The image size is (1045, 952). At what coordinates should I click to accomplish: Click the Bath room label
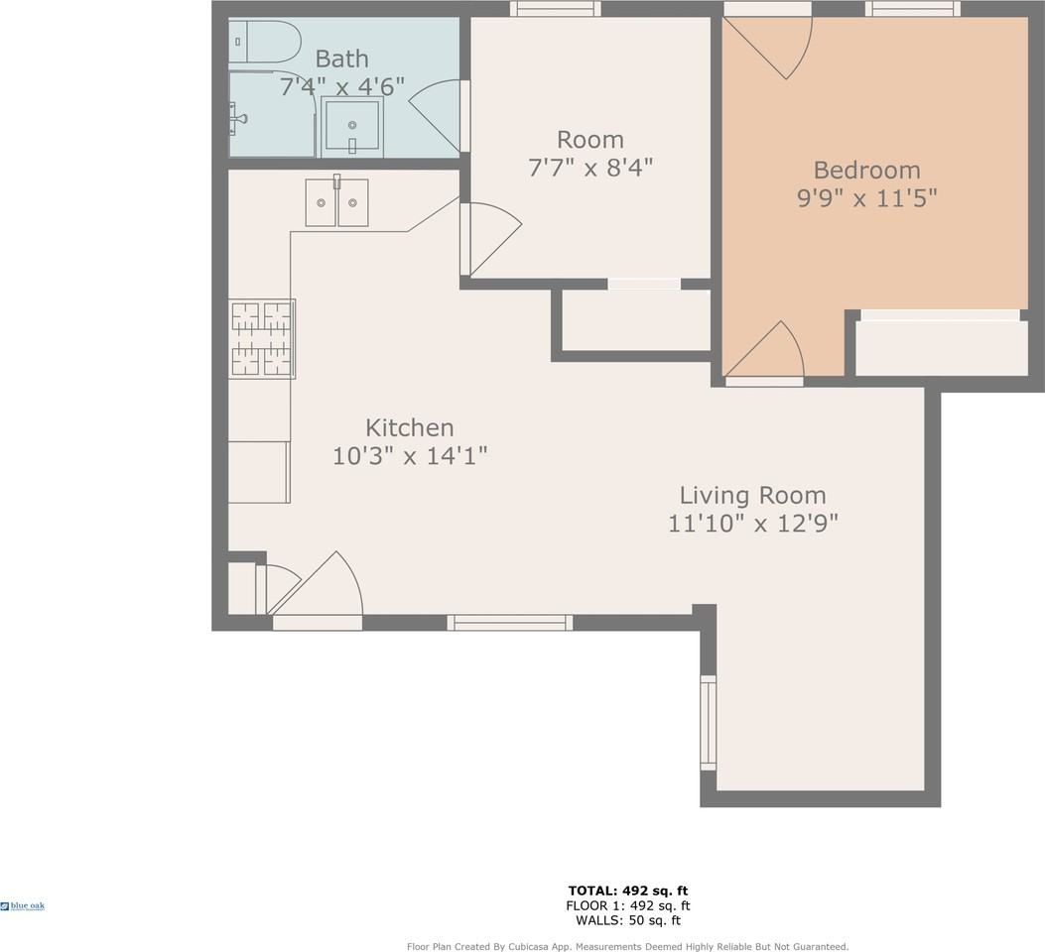[x=341, y=59]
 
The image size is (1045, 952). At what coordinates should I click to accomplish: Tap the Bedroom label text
[x=866, y=171]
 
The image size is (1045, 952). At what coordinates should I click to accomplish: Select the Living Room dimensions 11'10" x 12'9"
[x=752, y=524]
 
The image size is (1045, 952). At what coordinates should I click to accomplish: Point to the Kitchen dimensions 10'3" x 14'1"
[x=410, y=456]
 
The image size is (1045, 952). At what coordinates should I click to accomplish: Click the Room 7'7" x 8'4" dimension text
[x=589, y=168]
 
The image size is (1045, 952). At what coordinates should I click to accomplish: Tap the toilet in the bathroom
[x=263, y=42]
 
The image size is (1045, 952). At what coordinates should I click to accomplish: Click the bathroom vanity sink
[x=352, y=127]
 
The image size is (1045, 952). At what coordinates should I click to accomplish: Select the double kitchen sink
[x=336, y=201]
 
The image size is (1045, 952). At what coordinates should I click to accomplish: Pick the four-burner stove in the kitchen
[x=262, y=339]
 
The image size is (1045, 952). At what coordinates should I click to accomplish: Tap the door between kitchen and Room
[x=491, y=239]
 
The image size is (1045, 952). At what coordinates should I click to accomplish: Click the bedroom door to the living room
[x=764, y=351]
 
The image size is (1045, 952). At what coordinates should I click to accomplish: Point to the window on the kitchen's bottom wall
[x=510, y=623]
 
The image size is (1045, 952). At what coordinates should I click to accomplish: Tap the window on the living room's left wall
[x=708, y=723]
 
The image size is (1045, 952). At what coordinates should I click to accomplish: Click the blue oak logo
[x=23, y=906]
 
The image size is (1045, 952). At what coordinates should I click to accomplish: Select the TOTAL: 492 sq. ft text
[x=628, y=891]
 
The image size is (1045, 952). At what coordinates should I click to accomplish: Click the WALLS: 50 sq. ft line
[x=628, y=920]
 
